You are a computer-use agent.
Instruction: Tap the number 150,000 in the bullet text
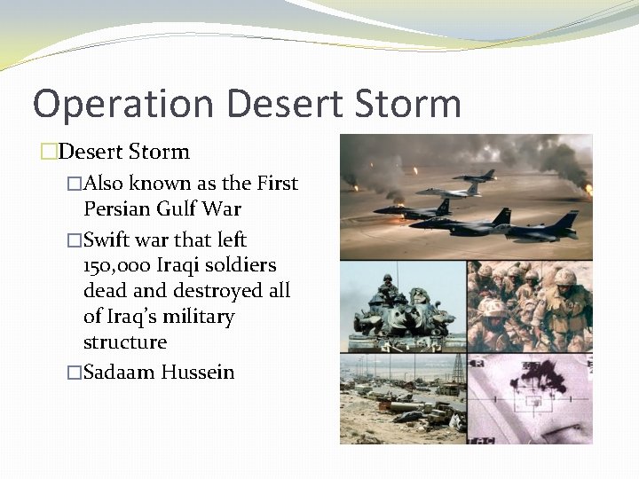pos(115,265)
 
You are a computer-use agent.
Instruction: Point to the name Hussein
pos(198,372)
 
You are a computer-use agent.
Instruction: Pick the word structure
pos(125,342)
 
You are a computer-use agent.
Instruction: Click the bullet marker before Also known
pos(75,185)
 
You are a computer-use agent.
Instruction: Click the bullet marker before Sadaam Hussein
pos(75,373)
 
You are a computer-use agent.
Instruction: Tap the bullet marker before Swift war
pos(75,240)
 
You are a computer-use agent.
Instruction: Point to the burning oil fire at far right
pos(587,188)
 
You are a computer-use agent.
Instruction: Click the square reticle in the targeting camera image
pos(533,401)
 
